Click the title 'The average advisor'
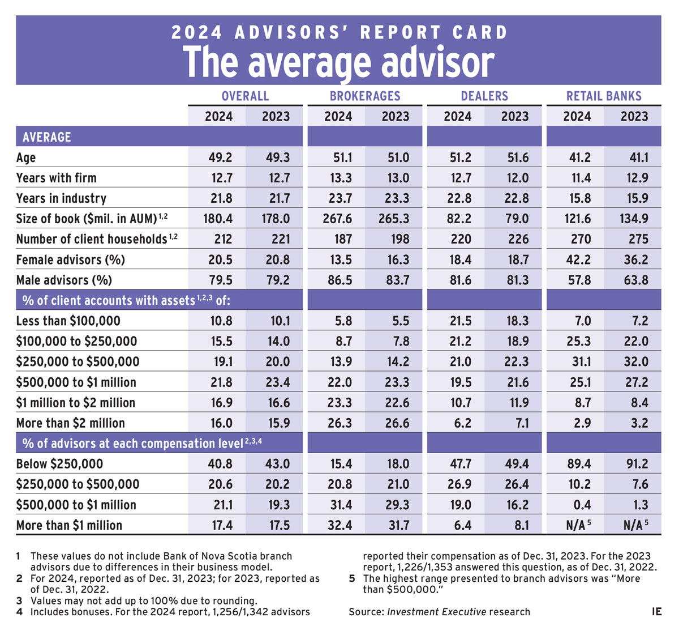coord(338,62)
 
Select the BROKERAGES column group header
coord(365,96)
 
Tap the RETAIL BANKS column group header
coord(604,96)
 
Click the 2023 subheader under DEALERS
coord(514,117)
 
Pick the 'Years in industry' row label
coord(61,198)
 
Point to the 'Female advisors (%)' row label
coord(70,260)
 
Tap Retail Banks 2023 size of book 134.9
coord(634,219)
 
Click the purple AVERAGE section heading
coord(47,137)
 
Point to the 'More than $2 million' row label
coord(70,423)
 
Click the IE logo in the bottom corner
coord(656,612)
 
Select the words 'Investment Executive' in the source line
coord(436,612)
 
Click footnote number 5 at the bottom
coord(351,578)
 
